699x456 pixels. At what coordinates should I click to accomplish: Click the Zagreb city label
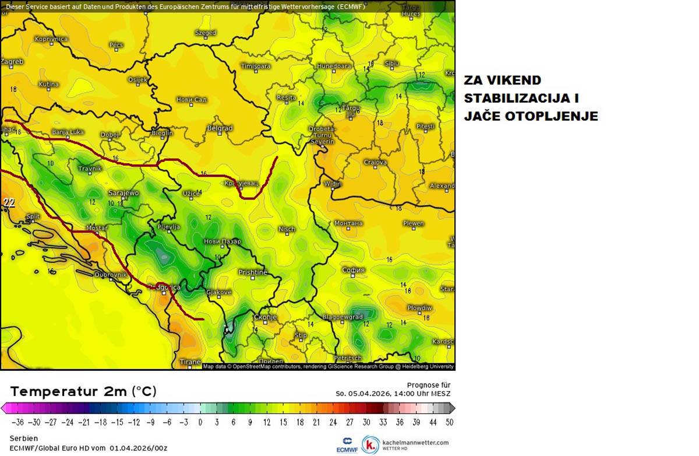tap(12, 61)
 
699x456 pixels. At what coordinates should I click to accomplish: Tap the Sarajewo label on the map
tap(123, 193)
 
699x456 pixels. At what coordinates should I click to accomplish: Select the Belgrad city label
tap(220, 128)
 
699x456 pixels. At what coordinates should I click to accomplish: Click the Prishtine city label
tap(252, 272)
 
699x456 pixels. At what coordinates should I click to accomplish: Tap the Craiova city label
tap(375, 162)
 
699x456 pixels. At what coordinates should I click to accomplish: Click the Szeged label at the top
tap(206, 33)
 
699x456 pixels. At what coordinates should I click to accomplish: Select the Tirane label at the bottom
tap(190, 362)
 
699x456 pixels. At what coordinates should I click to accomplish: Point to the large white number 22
tap(9, 203)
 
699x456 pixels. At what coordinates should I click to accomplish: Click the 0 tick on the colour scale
tap(200, 422)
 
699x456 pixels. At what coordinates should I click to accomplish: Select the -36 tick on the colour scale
tap(18, 422)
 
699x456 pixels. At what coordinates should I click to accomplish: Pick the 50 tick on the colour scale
tap(449, 422)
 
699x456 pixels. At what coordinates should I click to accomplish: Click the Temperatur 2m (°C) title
tap(83, 391)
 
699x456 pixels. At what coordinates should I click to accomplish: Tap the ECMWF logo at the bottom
tap(346, 445)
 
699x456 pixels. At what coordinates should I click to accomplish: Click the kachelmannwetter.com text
tap(415, 443)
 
